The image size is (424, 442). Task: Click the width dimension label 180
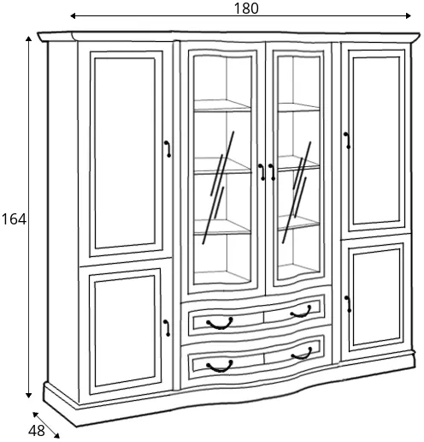246,9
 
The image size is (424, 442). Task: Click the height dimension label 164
14,219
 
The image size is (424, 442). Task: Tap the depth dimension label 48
37,431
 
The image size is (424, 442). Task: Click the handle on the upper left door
168,149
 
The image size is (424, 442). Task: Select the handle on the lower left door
168,328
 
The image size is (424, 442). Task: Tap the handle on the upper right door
347,140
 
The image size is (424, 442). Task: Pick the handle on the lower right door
348,304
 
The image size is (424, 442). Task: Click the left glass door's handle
262,172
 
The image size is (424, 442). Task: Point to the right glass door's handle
272,172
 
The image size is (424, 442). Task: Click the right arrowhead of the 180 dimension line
408,15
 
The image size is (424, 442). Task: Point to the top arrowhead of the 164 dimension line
28,39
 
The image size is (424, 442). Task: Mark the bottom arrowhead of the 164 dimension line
28,395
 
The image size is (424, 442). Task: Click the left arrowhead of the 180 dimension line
73,15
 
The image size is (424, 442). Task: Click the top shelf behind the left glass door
222,105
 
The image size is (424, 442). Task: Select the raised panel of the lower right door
376,297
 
